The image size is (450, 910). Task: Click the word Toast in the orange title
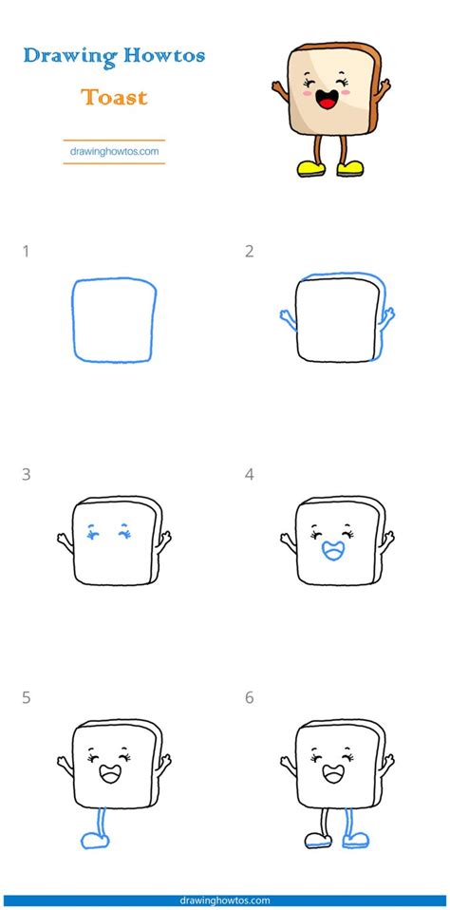(113, 97)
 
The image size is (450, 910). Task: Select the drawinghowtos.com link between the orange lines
(113, 150)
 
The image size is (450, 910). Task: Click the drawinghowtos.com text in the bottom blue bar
(225, 900)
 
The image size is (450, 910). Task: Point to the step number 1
(26, 252)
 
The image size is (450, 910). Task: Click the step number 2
(249, 252)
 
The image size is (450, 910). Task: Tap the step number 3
(26, 475)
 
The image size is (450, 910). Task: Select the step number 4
(250, 475)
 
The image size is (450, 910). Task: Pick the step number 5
(26, 698)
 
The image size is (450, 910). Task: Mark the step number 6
(250, 698)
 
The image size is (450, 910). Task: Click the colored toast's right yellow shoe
(349, 169)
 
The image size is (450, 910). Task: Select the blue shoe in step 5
(93, 840)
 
